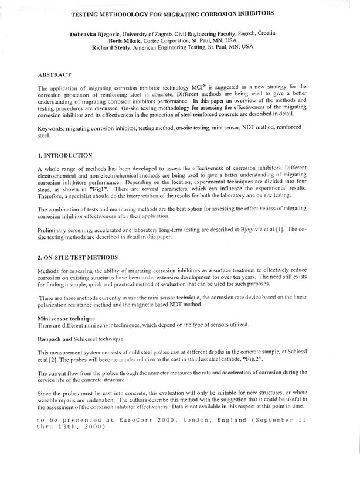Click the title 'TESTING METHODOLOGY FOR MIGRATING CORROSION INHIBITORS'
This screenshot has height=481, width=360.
(x=179, y=12)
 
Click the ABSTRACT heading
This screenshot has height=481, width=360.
(x=55, y=75)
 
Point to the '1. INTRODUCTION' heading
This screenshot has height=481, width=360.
(x=64, y=155)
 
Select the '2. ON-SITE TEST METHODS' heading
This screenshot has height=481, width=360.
(x=77, y=257)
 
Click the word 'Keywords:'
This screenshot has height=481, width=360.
(x=52, y=128)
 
